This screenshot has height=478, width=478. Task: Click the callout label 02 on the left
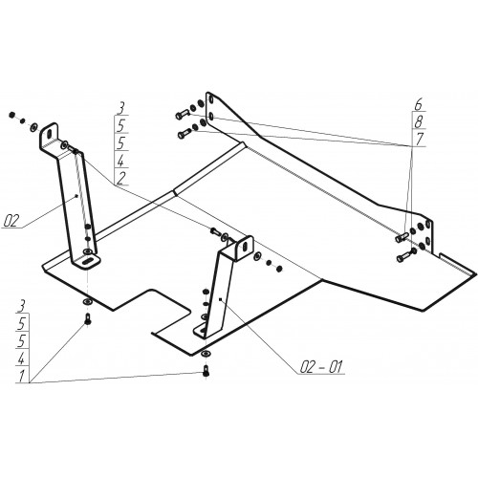11,221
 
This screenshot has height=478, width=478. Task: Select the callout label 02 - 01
321,367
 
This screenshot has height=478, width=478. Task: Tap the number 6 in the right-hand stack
419,105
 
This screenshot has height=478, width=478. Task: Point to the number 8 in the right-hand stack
419,121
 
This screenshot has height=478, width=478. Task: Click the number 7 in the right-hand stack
420,139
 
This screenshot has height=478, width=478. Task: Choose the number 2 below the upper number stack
121,179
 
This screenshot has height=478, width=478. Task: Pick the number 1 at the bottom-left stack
21,377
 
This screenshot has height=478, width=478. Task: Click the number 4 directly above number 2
120,162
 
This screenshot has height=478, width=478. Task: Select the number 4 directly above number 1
21,359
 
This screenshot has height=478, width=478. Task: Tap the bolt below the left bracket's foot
87,319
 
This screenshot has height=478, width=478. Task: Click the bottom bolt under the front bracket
206,371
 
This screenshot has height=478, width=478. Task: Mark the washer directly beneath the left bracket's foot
87,302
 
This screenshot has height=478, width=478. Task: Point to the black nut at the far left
12,115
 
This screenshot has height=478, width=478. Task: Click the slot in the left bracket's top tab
49,133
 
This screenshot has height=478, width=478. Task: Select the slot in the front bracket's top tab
245,247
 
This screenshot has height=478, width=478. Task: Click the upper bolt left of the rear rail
183,114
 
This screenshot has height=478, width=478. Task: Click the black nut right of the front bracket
279,270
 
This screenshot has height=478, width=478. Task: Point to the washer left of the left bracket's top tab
33,128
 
